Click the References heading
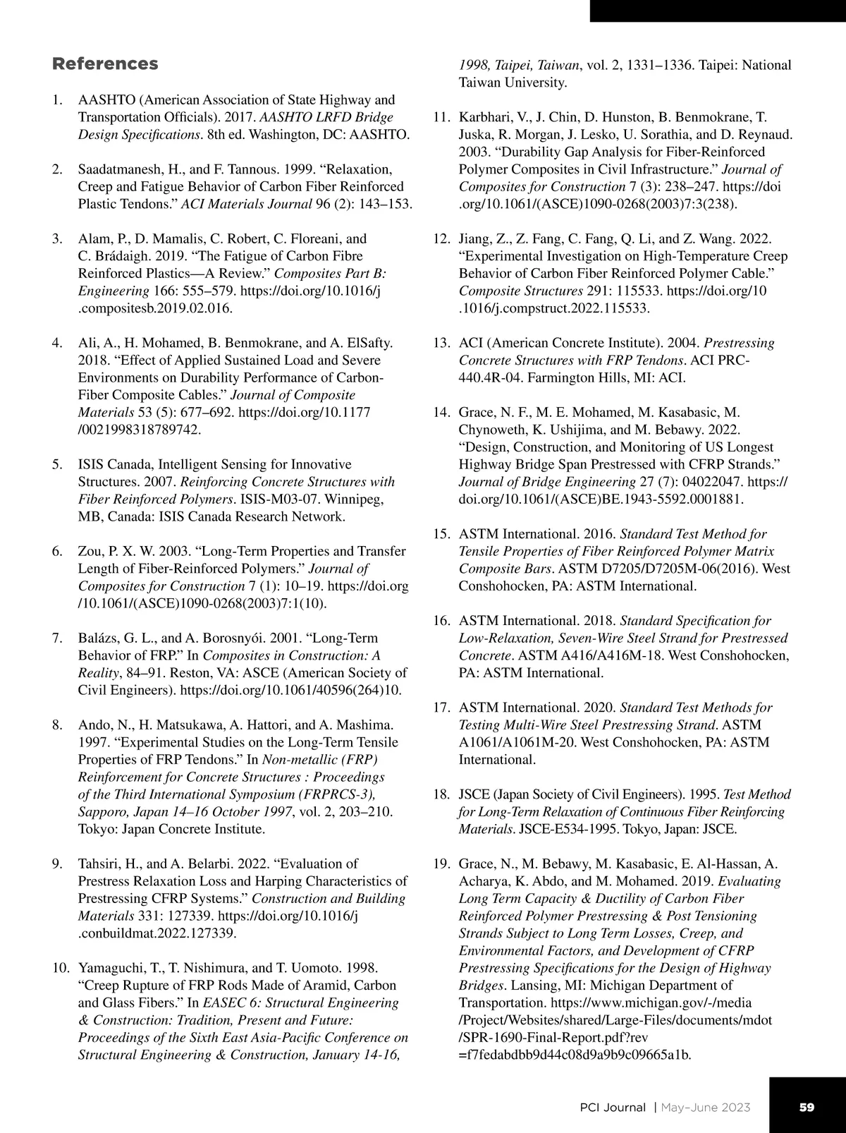point(105,63)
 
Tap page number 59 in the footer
point(807,1107)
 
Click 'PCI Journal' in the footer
point(608,1107)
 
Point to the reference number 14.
point(441,412)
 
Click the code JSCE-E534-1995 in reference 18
point(563,829)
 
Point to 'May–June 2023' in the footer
point(706,1107)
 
